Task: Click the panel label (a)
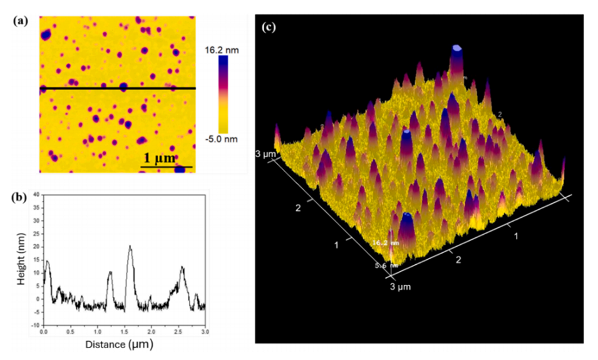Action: [19, 19]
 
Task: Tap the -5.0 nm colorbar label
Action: [223, 139]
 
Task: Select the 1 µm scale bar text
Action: [157, 158]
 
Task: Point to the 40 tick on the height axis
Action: [36, 195]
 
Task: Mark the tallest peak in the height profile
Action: [130, 247]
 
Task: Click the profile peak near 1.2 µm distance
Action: [110, 272]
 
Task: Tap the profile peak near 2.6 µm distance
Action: [182, 268]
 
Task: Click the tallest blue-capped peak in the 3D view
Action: [458, 49]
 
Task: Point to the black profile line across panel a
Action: [118, 88]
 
